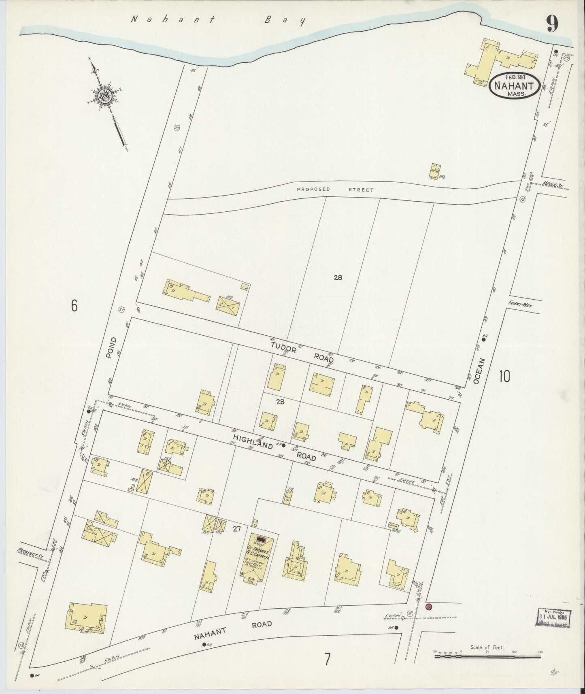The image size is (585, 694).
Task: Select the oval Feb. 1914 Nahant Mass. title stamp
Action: pyautogui.click(x=515, y=85)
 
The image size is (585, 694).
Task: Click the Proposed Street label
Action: pyautogui.click(x=335, y=189)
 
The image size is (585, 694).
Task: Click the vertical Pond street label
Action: pyautogui.click(x=111, y=347)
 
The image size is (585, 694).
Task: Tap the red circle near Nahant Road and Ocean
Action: pyautogui.click(x=429, y=607)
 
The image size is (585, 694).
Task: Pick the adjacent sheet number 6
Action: pyautogui.click(x=74, y=306)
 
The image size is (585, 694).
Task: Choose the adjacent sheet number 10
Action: pyautogui.click(x=504, y=377)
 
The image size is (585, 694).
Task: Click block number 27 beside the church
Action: pyautogui.click(x=237, y=528)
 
